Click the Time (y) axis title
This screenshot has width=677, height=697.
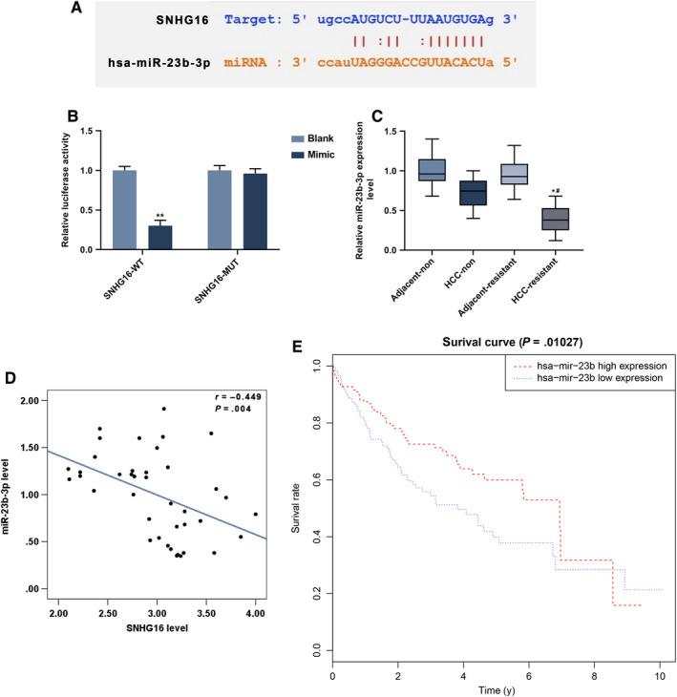click(x=494, y=686)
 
